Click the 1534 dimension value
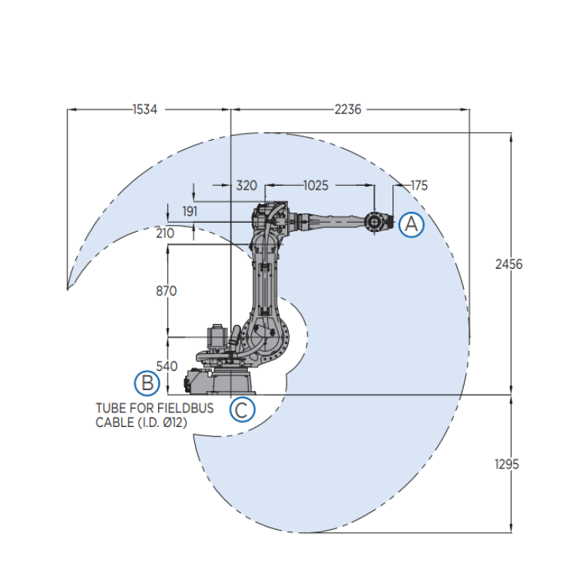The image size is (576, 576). [x=144, y=110]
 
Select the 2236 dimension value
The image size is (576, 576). [x=347, y=110]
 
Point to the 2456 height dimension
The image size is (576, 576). [x=508, y=264]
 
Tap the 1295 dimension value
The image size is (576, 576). [x=507, y=465]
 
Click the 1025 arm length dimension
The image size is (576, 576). [x=316, y=186]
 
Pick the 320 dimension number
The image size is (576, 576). [x=247, y=186]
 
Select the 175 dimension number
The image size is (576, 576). [x=419, y=186]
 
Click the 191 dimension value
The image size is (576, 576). [x=190, y=211]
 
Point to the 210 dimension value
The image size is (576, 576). [x=165, y=233]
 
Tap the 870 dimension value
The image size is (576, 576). [x=167, y=291]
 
